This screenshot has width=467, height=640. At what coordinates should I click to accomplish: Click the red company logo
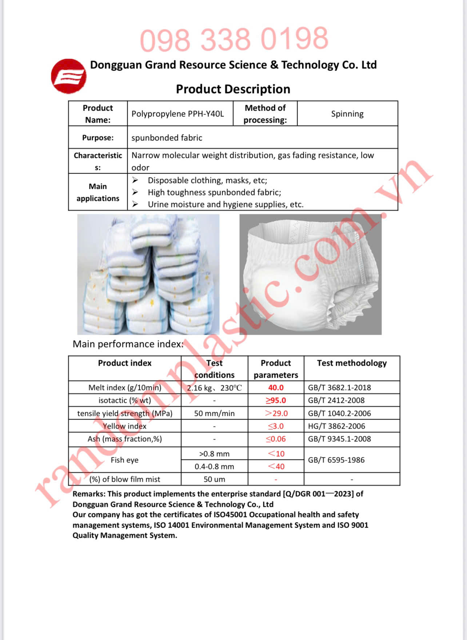[x=68, y=76]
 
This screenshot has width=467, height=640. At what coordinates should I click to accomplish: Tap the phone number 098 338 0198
[x=234, y=39]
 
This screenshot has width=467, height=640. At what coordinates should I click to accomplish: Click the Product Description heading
[x=233, y=89]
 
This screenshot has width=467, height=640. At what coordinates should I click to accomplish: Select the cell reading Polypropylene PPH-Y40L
[x=177, y=114]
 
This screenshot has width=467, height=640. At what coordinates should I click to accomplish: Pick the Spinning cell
[x=347, y=114]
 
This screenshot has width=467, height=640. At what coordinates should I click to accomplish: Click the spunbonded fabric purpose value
[x=167, y=138]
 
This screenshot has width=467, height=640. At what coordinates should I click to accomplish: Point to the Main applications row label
[x=98, y=192]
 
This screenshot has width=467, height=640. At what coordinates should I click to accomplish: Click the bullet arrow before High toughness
[x=135, y=192]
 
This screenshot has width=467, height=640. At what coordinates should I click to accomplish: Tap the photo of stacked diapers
[x=148, y=274]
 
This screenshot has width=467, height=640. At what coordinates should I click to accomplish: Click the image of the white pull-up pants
[x=310, y=274]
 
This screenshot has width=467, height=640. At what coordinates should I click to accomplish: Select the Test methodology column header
[x=352, y=363]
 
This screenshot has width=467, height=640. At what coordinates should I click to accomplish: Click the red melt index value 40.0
[x=276, y=388]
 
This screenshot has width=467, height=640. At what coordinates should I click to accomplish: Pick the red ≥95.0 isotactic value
[x=276, y=401]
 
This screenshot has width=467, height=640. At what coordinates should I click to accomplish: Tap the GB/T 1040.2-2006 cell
[x=339, y=413]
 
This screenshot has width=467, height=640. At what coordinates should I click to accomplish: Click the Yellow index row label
[x=124, y=426]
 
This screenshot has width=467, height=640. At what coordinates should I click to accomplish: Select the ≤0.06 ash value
[x=276, y=439]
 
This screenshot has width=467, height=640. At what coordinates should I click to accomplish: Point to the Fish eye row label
[x=124, y=460]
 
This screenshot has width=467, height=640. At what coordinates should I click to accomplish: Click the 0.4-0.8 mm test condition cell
[x=214, y=466]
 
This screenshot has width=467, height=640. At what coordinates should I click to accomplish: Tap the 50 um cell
[x=214, y=479]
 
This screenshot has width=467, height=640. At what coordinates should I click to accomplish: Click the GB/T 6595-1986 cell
[x=336, y=460]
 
